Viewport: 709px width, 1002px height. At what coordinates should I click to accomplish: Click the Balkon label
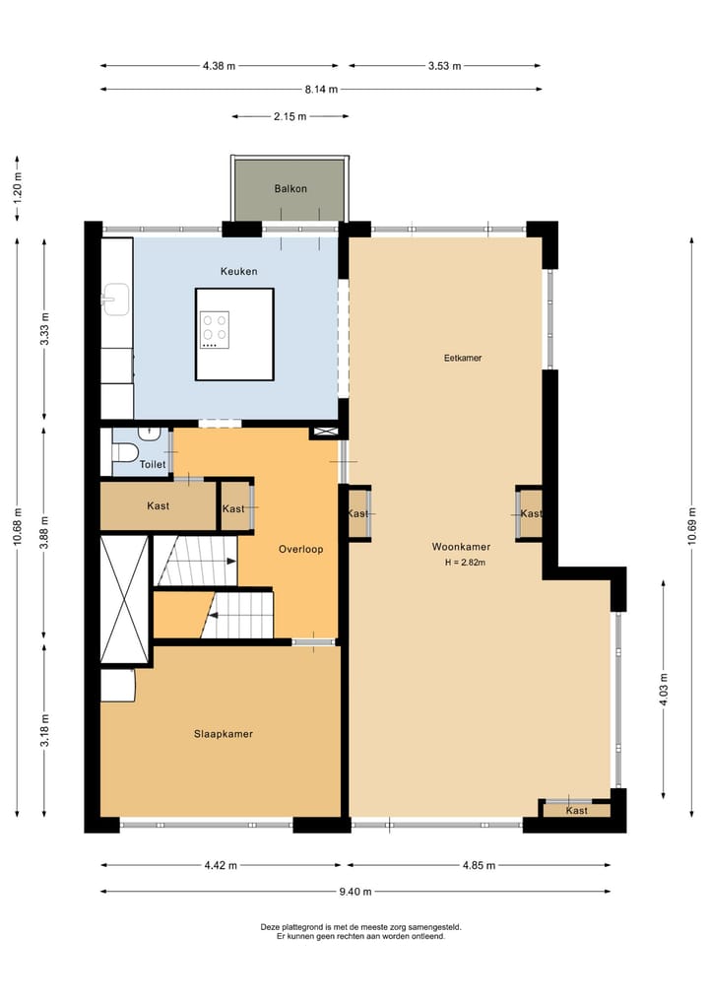click(x=290, y=188)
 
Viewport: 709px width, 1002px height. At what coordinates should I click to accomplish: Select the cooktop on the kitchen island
click(x=215, y=330)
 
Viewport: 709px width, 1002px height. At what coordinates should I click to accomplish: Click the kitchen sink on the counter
click(x=116, y=297)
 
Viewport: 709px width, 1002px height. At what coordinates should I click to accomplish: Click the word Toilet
click(x=153, y=464)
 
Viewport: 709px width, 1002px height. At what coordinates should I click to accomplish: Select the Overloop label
click(x=300, y=549)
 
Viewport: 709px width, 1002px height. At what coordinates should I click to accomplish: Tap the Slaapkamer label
click(x=224, y=733)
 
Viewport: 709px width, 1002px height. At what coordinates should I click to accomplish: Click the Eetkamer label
click(x=463, y=358)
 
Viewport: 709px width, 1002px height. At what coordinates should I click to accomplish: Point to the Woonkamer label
click(x=461, y=546)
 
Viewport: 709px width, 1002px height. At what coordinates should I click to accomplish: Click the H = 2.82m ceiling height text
click(x=466, y=563)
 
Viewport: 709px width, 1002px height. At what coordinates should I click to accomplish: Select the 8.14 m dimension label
click(x=319, y=89)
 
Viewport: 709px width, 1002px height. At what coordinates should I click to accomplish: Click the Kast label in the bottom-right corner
click(x=577, y=810)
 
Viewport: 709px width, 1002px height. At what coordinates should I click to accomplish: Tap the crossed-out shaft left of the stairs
click(x=124, y=599)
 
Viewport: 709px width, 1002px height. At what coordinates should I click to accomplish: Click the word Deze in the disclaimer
click(x=271, y=926)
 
